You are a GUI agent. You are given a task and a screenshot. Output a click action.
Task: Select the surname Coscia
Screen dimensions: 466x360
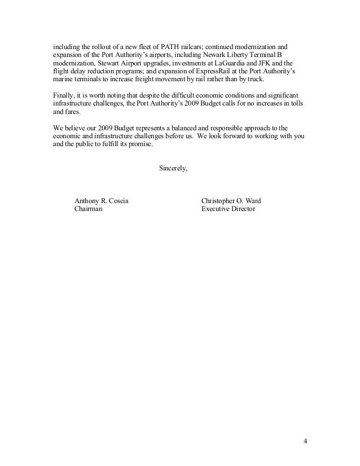tap(121, 199)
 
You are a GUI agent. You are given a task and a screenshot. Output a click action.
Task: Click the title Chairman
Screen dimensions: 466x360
tap(89, 208)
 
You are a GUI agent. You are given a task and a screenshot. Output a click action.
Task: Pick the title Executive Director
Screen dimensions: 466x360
tap(228, 208)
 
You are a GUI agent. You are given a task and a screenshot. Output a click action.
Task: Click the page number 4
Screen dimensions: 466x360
tap(305, 441)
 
